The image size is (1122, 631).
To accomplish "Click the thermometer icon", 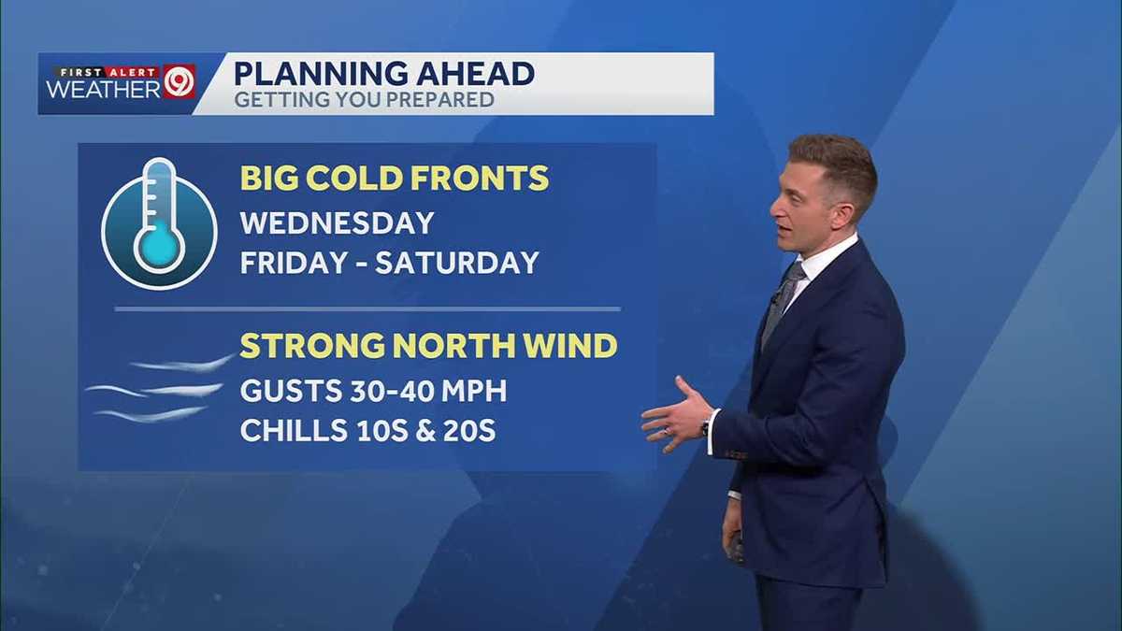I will (159, 222).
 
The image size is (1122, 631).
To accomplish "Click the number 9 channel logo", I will (179, 82).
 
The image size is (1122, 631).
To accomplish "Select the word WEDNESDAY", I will (337, 222).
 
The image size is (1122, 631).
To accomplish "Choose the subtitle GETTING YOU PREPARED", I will (364, 99).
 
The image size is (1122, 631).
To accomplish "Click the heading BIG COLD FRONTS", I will (395, 178).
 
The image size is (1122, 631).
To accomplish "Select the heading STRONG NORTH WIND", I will (428, 346).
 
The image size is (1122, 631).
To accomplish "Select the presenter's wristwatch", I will (705, 428).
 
